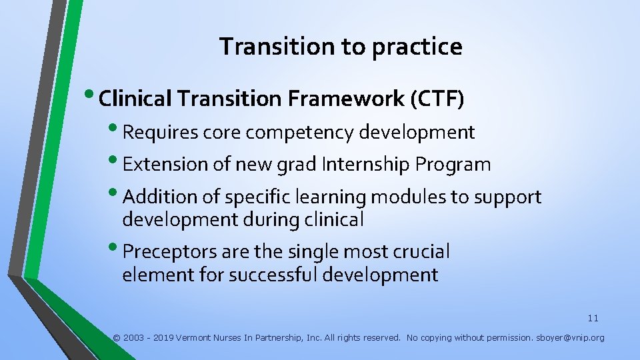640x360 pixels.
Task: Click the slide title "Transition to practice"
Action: coord(340,47)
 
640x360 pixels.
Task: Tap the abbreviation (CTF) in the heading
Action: coord(437,99)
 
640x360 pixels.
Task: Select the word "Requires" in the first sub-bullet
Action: coord(161,133)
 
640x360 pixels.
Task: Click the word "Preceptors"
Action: coord(167,252)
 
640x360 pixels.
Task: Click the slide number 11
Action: coord(593,319)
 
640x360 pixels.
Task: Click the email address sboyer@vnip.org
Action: coord(571,338)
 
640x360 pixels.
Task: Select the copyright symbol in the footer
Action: coord(117,338)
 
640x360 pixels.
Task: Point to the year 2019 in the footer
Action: coord(163,338)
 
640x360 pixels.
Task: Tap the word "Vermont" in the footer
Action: coord(193,338)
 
